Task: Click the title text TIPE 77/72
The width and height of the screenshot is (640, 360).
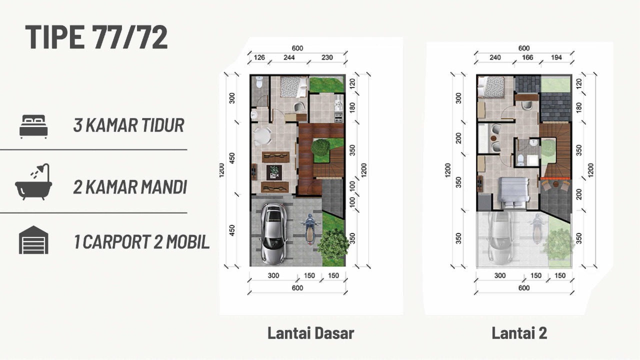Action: tap(96, 37)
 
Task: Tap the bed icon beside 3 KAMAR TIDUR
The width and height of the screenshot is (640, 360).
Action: tap(33, 126)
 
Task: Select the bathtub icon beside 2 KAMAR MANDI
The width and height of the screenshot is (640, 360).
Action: tap(33, 181)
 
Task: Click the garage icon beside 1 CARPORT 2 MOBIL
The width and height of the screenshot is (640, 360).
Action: tap(33, 239)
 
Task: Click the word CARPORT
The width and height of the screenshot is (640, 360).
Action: tap(116, 241)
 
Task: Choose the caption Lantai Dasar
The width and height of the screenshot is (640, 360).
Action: tap(311, 333)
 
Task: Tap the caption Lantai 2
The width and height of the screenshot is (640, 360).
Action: tap(519, 333)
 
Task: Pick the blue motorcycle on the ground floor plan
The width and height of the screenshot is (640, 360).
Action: tap(309, 229)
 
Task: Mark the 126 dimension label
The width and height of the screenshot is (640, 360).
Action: tap(259, 57)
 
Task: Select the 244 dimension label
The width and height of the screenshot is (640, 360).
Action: tap(289, 57)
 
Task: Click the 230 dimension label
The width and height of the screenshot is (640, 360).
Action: tap(327, 57)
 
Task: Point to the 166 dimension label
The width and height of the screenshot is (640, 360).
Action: tap(527, 57)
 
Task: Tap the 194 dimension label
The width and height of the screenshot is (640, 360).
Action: tap(556, 57)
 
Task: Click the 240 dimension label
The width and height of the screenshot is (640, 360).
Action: tap(495, 57)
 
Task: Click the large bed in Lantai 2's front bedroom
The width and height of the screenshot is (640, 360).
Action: tap(513, 193)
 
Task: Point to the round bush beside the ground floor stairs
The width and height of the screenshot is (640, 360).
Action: tap(320, 147)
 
